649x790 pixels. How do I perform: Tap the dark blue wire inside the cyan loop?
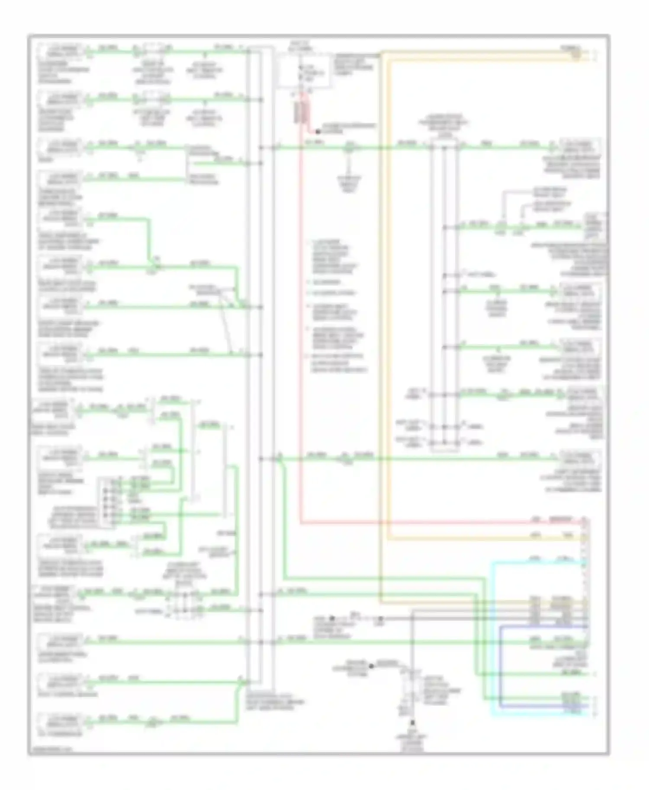500,666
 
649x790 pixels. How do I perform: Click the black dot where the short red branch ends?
317,131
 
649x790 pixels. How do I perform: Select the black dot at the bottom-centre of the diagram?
413,723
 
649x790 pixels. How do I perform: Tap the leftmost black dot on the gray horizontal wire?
332,618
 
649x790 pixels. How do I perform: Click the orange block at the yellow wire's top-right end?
576,54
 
